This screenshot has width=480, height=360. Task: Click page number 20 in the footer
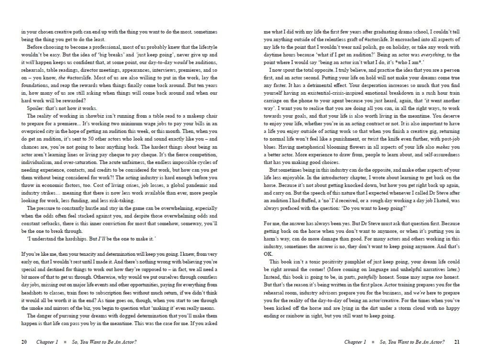24,342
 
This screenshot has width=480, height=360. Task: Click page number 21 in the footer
457,342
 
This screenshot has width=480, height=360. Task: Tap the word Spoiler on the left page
35,109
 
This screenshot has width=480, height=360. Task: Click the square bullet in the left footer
65,342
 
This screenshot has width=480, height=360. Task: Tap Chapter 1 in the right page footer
354,342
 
